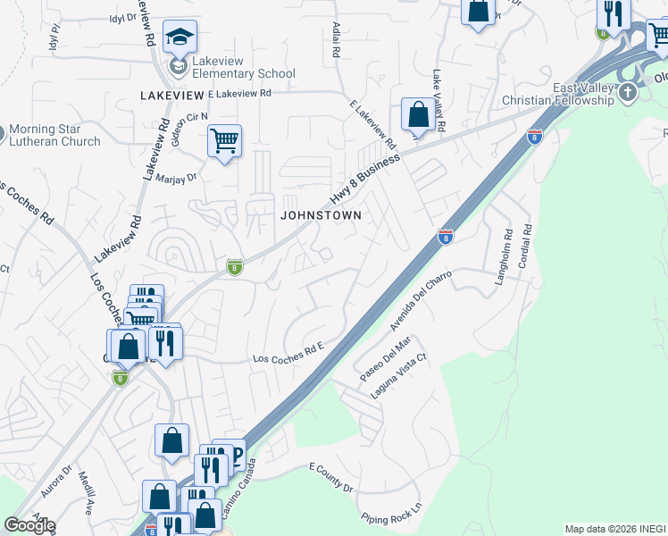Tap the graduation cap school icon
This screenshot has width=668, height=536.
[180, 38]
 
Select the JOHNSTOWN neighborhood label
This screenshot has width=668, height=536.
[321, 215]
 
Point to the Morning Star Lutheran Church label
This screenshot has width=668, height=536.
[57, 135]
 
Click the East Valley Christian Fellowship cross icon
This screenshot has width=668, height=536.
[629, 92]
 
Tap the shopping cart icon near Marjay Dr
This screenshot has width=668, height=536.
[224, 140]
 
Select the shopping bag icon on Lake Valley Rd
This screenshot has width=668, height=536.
[417, 114]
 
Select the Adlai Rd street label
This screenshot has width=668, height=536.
[336, 40]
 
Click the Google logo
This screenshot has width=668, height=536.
[29, 525]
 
